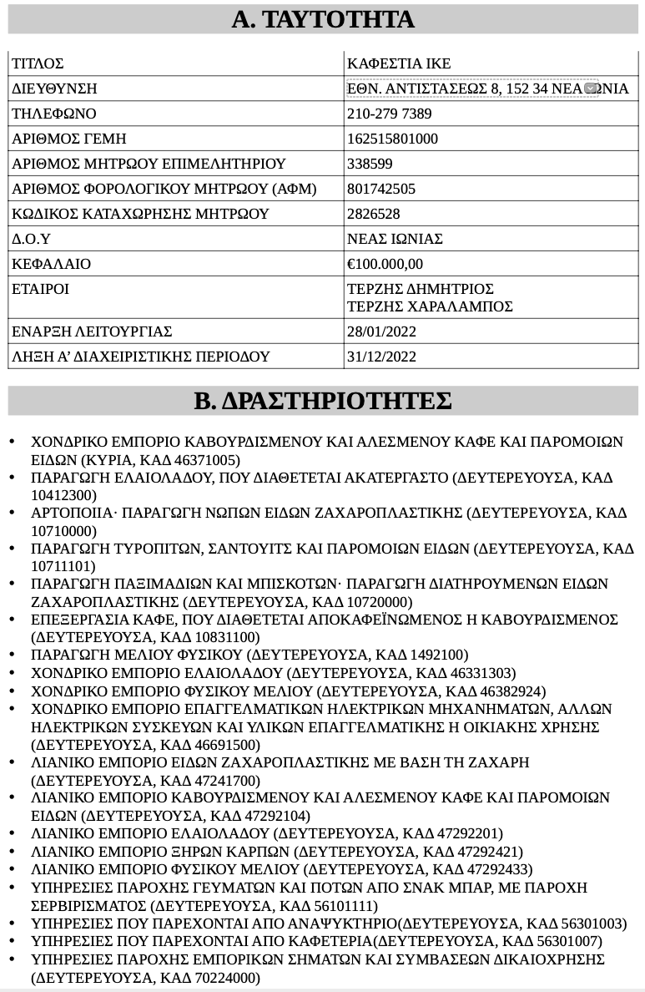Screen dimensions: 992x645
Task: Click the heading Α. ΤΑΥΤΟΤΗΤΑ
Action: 322,19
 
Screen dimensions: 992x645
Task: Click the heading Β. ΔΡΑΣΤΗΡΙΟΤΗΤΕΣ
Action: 322,401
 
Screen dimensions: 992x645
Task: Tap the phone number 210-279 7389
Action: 389,114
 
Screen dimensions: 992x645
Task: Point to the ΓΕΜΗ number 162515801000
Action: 392,139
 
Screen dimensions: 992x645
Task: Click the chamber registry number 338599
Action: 370,164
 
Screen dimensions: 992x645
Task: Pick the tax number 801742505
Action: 380,189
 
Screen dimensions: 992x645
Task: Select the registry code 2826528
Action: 373,214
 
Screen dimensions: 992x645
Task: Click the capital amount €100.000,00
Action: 385,264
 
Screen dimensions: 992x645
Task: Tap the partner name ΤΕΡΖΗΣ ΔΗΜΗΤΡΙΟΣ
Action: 421,289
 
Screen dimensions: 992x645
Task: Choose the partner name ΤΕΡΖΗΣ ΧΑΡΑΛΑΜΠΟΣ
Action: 430,306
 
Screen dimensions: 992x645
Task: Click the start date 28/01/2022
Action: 381,332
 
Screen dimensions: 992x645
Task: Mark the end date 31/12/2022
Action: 381,357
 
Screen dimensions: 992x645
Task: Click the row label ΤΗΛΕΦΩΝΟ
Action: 54,114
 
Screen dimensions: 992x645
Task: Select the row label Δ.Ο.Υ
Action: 31,239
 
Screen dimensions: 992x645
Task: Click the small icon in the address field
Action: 590,89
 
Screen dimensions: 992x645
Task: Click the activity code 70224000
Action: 227,978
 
